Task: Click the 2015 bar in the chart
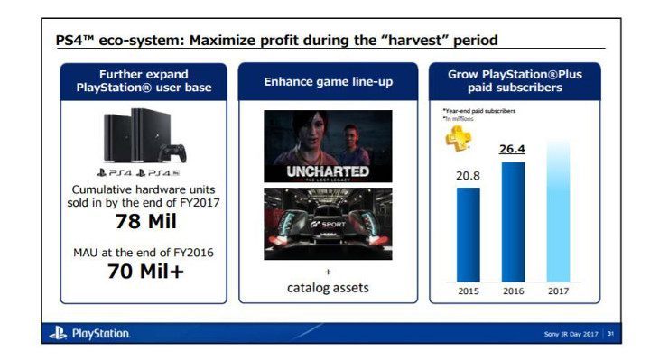pos(469,234)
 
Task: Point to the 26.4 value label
pos(513,150)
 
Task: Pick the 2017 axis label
pos(558,291)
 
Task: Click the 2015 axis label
pos(469,291)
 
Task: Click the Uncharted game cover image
pos(328,146)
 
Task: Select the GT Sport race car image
pos(328,223)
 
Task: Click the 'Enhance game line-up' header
pos(328,81)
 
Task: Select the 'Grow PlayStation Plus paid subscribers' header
pos(513,81)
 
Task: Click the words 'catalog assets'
pos(328,288)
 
